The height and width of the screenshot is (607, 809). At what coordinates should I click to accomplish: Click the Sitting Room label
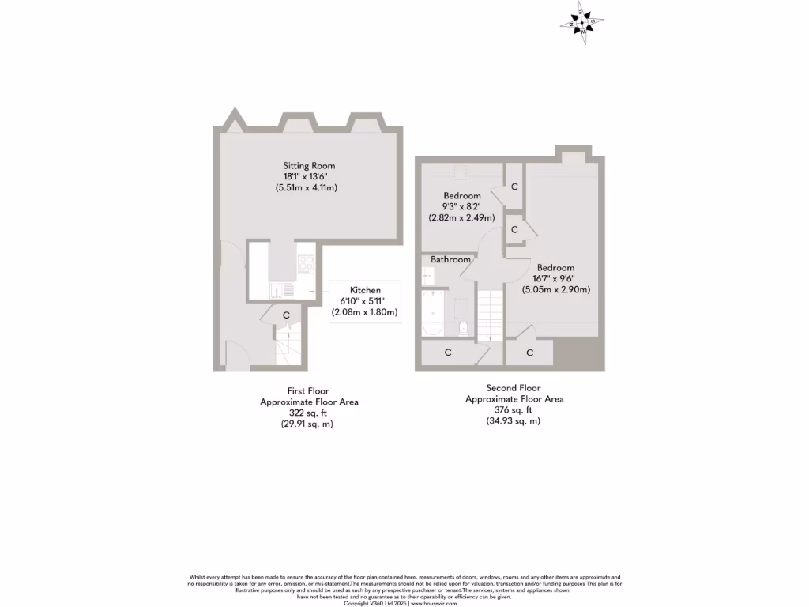309,166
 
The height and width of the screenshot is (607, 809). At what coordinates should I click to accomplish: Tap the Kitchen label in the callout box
365,291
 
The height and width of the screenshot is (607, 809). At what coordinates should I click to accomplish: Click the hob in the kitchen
307,263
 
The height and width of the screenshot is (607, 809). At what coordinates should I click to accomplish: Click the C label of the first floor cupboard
287,315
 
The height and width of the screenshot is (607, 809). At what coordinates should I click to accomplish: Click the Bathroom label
450,259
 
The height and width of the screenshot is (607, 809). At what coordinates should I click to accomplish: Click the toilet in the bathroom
464,326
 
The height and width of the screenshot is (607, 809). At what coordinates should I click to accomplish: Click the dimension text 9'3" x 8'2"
461,207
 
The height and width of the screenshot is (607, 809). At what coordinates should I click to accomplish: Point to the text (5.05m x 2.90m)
555,290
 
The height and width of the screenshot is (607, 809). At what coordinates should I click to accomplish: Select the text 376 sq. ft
514,410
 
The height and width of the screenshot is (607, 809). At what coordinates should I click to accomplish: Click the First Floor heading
308,391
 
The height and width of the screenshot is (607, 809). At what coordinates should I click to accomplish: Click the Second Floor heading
514,388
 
